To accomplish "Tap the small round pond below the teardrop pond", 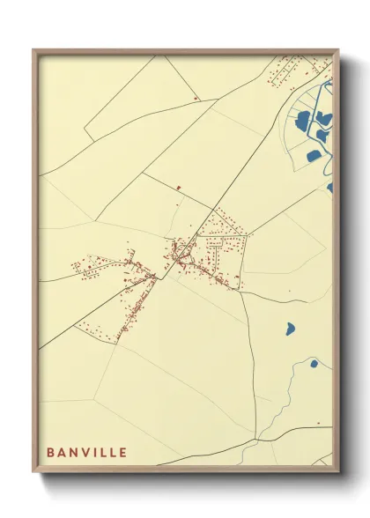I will click(313, 363).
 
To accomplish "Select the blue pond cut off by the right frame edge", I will click(330, 188).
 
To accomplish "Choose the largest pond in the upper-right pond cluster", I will click(305, 121).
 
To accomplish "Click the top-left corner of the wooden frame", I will click(34, 50).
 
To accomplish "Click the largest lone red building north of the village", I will click(178, 187).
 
